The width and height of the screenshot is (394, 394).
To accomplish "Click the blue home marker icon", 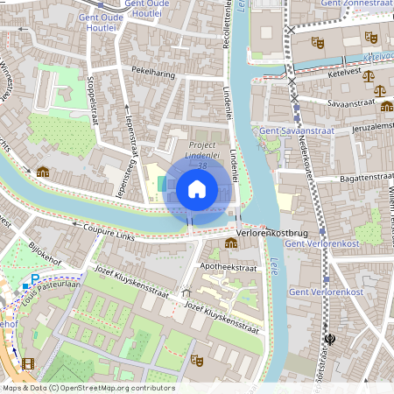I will click(x=197, y=189).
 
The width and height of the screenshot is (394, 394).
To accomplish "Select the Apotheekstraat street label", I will click(x=229, y=268).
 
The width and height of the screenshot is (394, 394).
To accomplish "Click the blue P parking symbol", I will click(x=35, y=280).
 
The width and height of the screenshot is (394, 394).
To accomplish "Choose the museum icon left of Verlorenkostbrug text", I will click(x=230, y=243).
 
